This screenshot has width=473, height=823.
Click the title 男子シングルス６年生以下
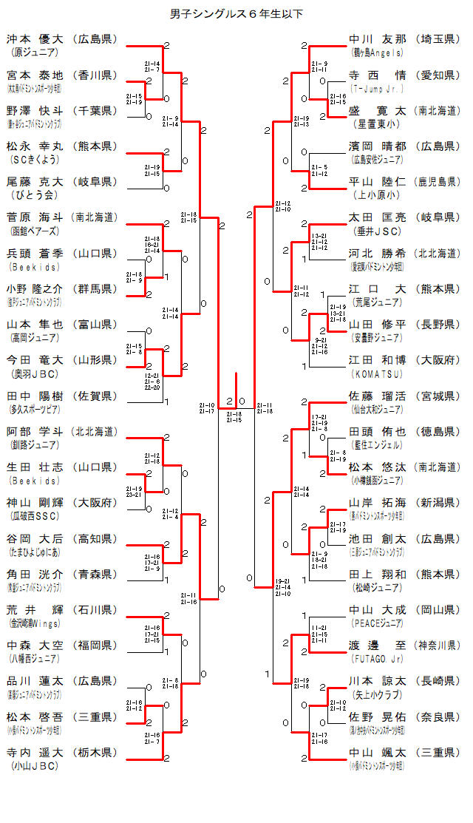coord(236,13)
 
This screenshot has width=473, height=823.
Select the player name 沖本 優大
coord(36,39)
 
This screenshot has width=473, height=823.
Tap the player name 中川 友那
coord(378,39)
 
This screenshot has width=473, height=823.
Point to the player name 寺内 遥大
coord(36,753)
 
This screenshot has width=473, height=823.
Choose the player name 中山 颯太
coord(378,753)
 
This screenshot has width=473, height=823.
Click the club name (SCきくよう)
coord(34,159)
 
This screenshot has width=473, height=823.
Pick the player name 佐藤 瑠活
coord(378,396)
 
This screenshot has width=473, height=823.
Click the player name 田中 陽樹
coord(36,396)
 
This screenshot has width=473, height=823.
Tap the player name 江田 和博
coord(378,360)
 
